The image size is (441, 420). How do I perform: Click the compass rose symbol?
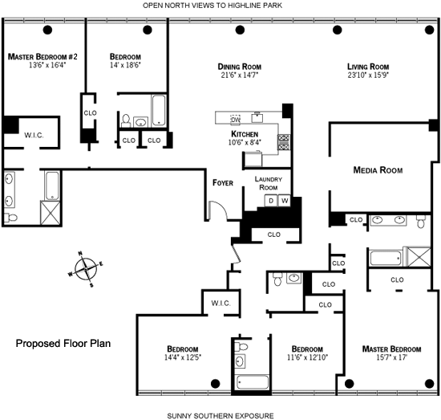[x=86, y=269]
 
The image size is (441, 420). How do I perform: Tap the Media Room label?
[x=378, y=170]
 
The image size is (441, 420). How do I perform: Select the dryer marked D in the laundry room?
[x=271, y=201]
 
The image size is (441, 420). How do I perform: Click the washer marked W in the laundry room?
[x=285, y=201]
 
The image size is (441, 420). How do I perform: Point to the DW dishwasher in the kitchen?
[x=236, y=120]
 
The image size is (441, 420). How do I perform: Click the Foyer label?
[x=223, y=183]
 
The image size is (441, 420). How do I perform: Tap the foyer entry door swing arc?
[x=220, y=208]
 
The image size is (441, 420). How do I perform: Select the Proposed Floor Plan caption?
[x=63, y=344]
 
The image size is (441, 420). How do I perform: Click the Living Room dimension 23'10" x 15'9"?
[x=368, y=75]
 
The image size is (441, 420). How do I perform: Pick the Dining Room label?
[x=240, y=67]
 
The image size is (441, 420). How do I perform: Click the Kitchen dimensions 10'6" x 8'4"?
[x=245, y=142]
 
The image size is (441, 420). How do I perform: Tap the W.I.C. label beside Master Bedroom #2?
[x=34, y=135]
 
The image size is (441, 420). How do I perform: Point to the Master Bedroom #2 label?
[x=42, y=57]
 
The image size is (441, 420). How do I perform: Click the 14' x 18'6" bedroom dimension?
[x=125, y=65]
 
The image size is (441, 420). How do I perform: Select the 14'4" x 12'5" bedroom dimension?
[x=183, y=357]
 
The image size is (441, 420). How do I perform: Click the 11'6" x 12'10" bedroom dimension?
[x=307, y=357]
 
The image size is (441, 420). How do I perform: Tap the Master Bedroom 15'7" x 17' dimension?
[x=391, y=357]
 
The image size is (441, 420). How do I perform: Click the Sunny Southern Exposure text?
[x=220, y=416]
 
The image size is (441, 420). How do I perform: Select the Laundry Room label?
[x=269, y=183]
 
